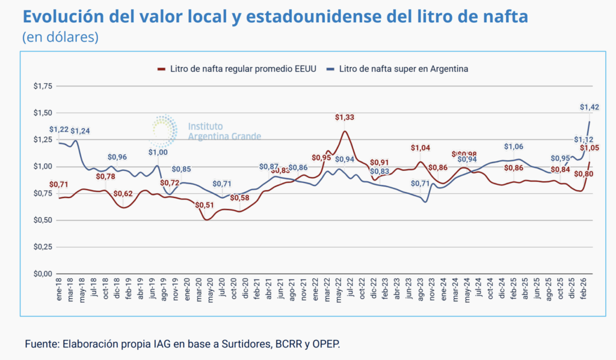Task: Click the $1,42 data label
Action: tap(590, 107)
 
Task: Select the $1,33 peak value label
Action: tap(345, 117)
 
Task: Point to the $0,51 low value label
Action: tap(205, 205)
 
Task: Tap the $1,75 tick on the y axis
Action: tap(43, 86)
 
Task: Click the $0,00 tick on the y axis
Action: tap(43, 273)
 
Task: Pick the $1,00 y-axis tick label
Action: tap(43, 166)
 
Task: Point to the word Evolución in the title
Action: tap(60, 16)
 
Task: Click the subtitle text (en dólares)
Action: tap(60, 37)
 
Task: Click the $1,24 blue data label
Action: tap(80, 131)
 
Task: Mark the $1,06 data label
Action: tap(514, 146)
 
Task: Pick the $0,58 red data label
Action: tap(239, 198)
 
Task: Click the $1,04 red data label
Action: tap(420, 147)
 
